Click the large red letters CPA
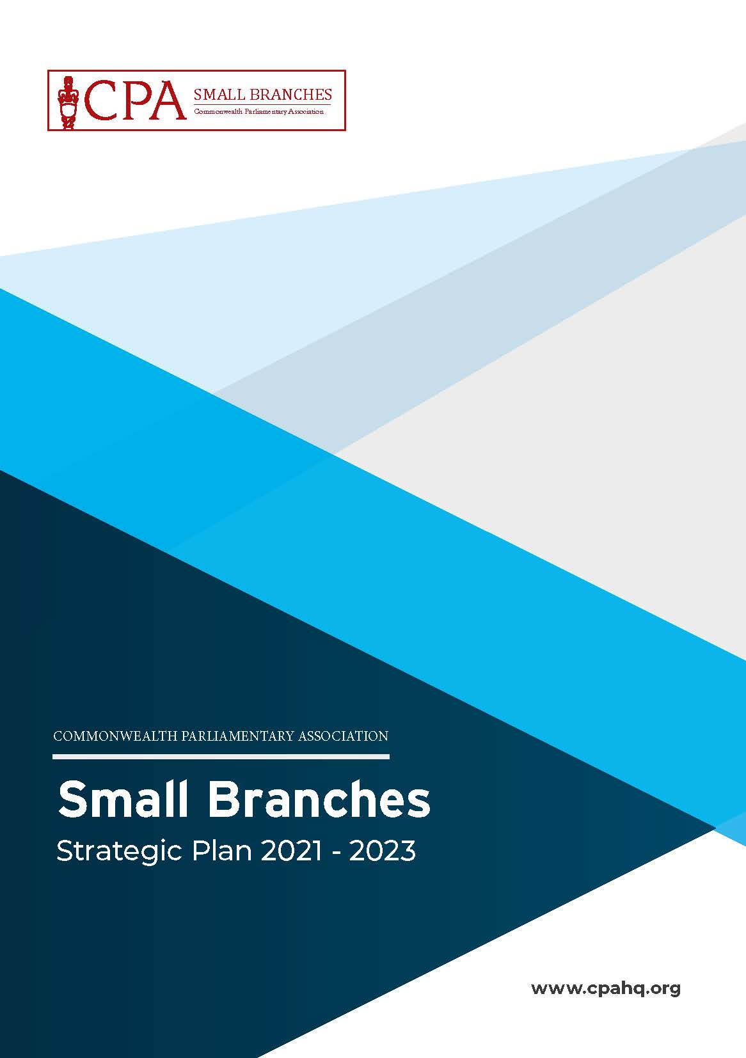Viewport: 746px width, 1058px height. click(x=134, y=100)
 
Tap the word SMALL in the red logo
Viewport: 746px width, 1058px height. click(x=219, y=95)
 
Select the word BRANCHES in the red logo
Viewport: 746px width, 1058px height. click(x=290, y=95)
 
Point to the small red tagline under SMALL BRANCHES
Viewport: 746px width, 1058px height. click(x=259, y=112)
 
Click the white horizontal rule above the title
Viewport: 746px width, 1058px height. click(x=221, y=757)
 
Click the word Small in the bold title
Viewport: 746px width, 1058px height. click(x=123, y=799)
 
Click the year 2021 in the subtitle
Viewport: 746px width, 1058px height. click(x=291, y=851)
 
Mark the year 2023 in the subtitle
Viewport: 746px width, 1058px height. click(x=383, y=851)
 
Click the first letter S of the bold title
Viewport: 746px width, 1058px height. click(x=71, y=799)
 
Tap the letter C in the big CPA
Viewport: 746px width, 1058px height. click(x=99, y=100)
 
